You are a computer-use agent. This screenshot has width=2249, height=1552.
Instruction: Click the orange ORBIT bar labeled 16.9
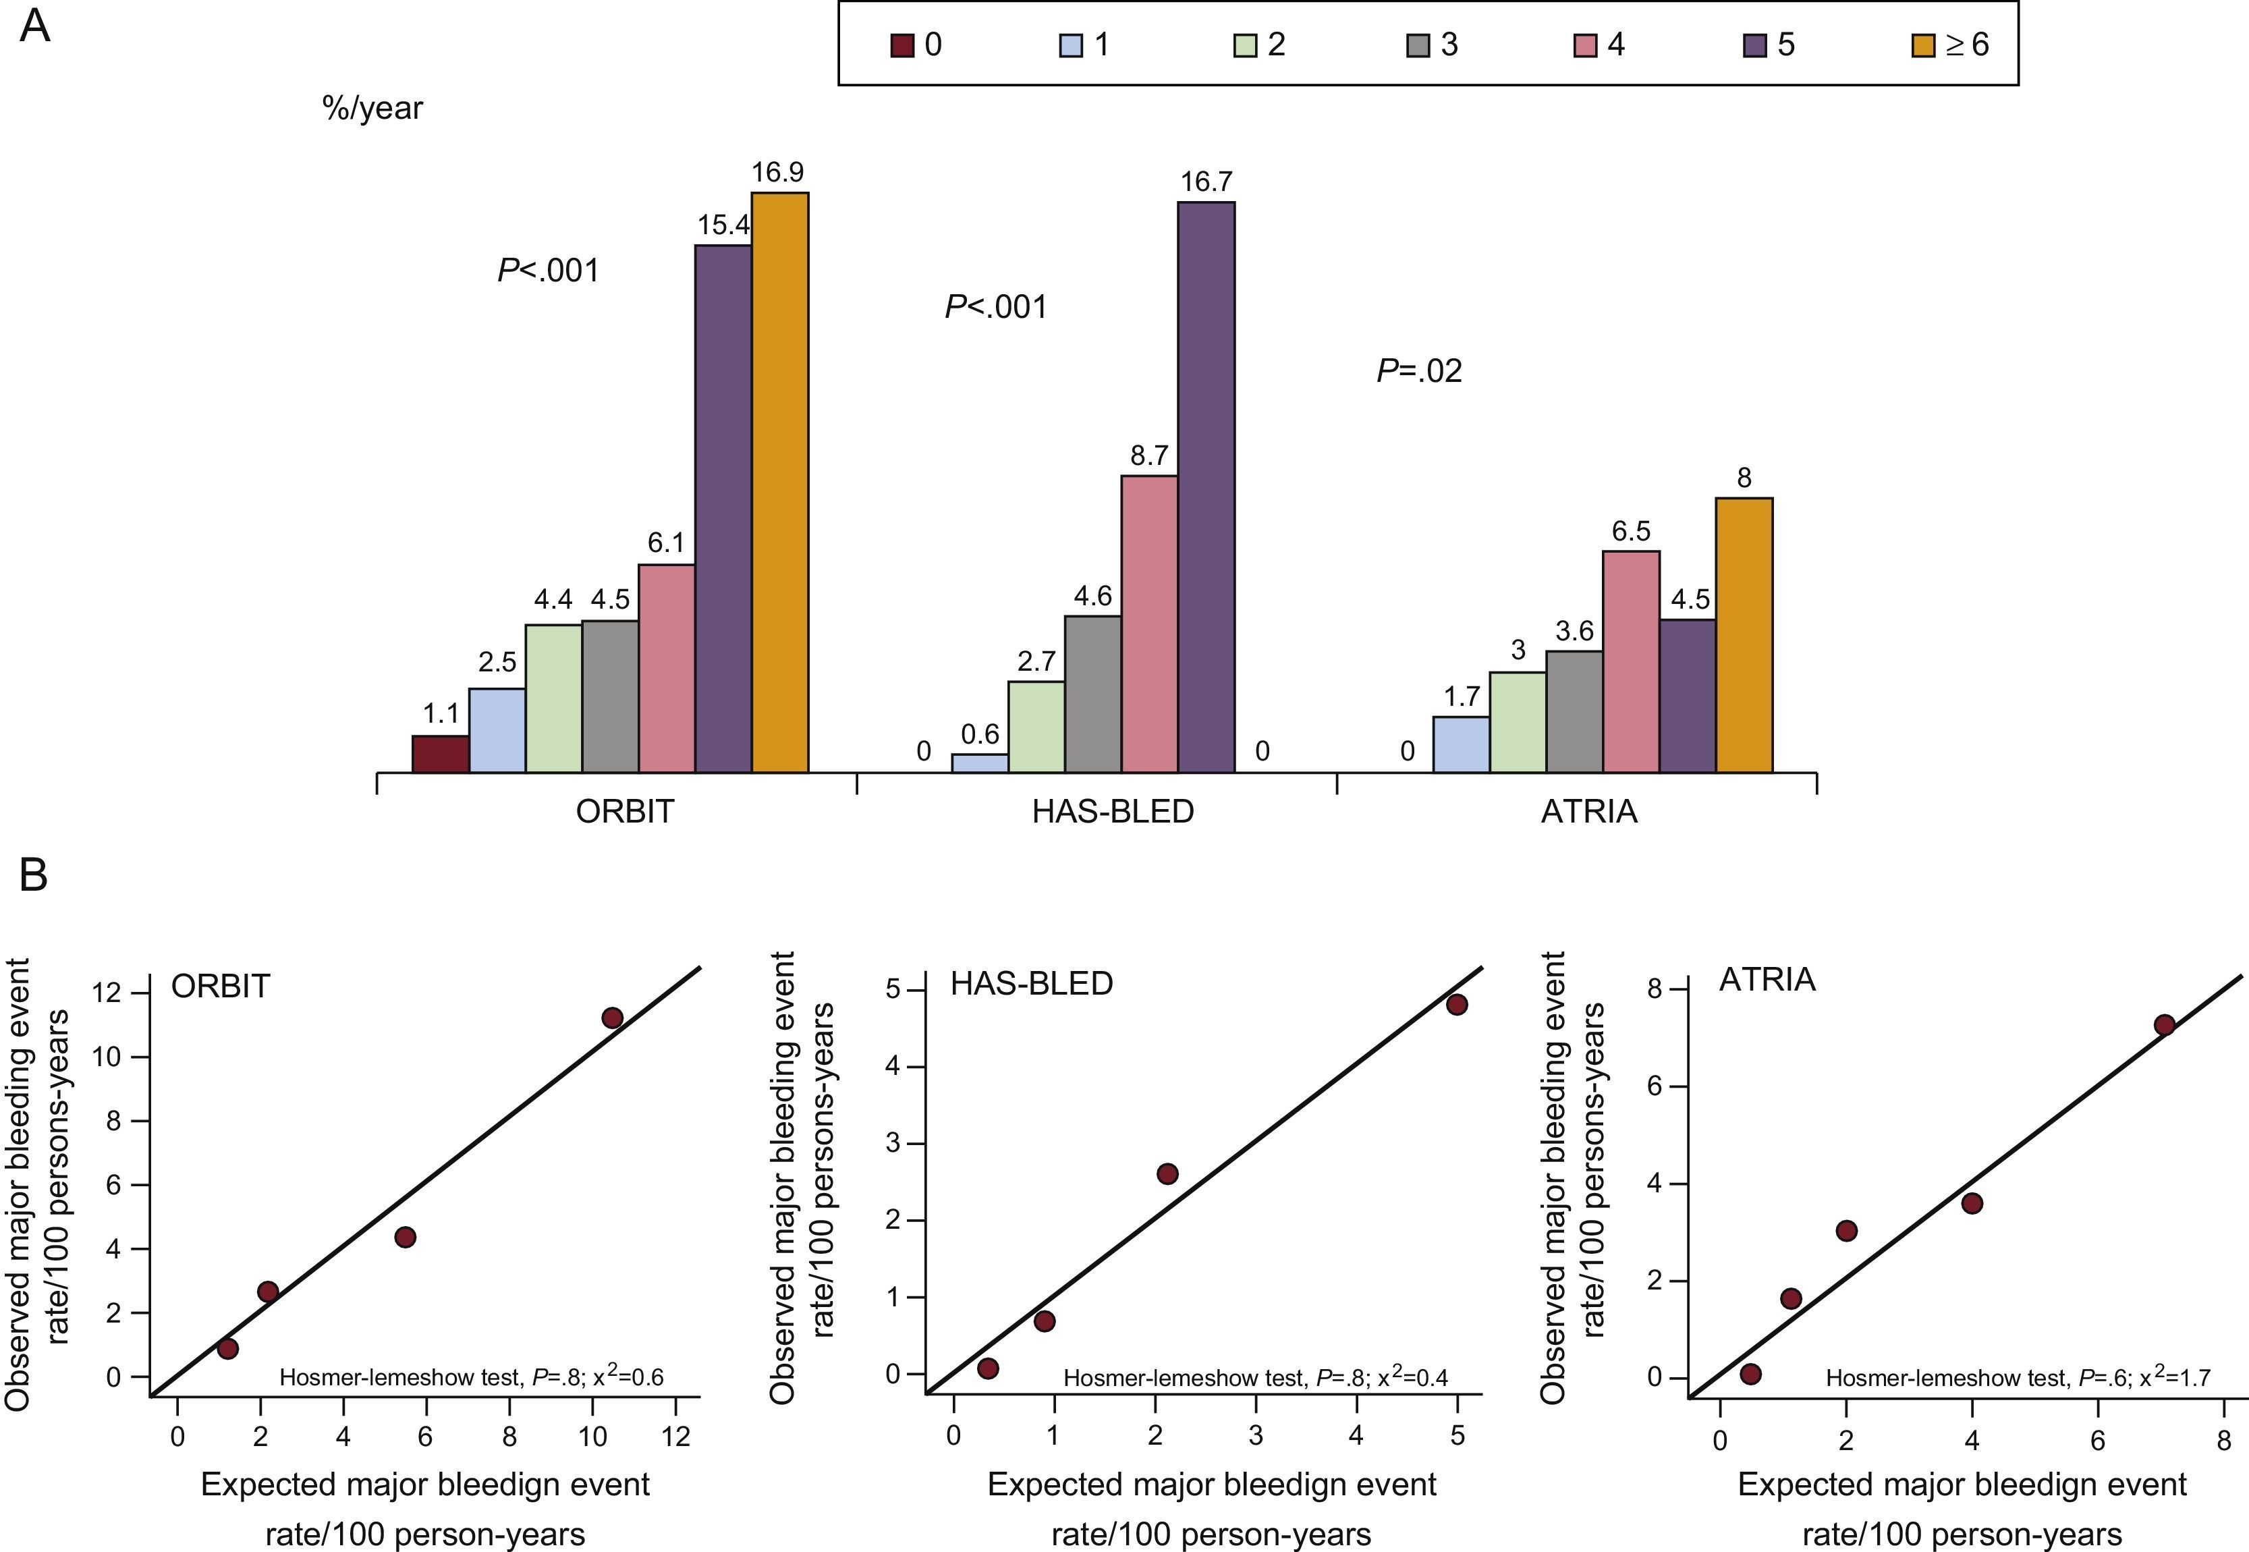780,482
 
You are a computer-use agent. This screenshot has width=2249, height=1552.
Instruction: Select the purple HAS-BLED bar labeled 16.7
1206,487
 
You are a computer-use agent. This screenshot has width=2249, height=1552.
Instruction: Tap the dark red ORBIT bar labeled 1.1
441,754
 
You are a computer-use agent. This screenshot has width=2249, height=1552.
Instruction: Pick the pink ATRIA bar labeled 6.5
1631,661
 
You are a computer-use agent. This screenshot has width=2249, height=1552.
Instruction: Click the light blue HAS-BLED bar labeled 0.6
979,763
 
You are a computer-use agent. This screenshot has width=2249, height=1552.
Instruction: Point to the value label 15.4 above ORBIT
723,225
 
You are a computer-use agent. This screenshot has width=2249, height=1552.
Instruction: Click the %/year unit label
372,108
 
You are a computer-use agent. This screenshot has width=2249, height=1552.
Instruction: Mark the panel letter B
33,875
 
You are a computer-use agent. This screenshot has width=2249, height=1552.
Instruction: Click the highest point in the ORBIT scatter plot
611,1017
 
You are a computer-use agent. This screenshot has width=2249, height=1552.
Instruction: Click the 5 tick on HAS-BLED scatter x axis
1457,1435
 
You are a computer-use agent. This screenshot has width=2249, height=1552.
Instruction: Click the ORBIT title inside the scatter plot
220,986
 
